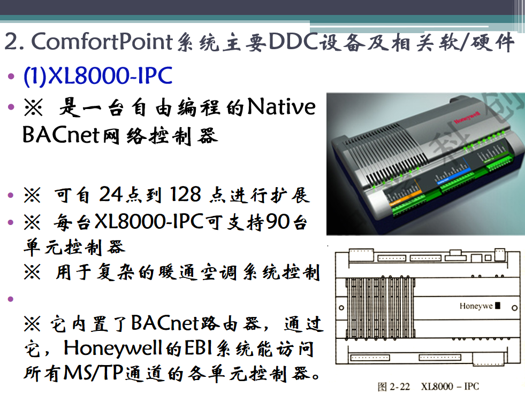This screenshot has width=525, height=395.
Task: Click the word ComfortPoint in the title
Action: [x=102, y=42]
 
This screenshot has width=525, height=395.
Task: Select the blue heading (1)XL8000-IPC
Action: [x=98, y=75]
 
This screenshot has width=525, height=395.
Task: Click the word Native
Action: [x=281, y=107]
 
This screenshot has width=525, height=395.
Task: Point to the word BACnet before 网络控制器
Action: [x=61, y=135]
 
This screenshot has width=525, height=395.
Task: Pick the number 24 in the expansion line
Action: [x=110, y=194]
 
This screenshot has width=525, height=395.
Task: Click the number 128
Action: [x=185, y=194]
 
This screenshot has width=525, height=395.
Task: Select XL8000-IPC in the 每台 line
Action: [x=149, y=221]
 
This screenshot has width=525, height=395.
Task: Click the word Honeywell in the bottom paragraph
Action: [x=113, y=348]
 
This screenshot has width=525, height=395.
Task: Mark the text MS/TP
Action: [x=94, y=373]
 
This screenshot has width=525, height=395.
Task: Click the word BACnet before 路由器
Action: [x=165, y=323]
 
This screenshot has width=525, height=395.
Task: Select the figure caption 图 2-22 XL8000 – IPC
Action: [x=428, y=386]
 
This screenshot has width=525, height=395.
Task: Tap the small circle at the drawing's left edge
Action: [x=341, y=307]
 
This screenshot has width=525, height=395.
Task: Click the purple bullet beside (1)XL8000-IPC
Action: [x=11, y=76]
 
